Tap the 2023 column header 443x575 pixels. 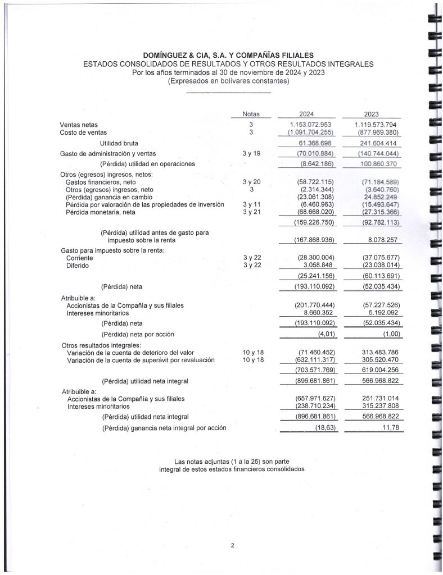pos(372,114)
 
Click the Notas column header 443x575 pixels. pos(251,114)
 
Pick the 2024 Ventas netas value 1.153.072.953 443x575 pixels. pos(311,124)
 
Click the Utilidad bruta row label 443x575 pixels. pos(119,144)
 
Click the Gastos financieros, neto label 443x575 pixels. pos(101,182)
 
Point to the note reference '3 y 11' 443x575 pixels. pos(251,204)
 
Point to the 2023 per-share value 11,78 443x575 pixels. pos(389,428)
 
